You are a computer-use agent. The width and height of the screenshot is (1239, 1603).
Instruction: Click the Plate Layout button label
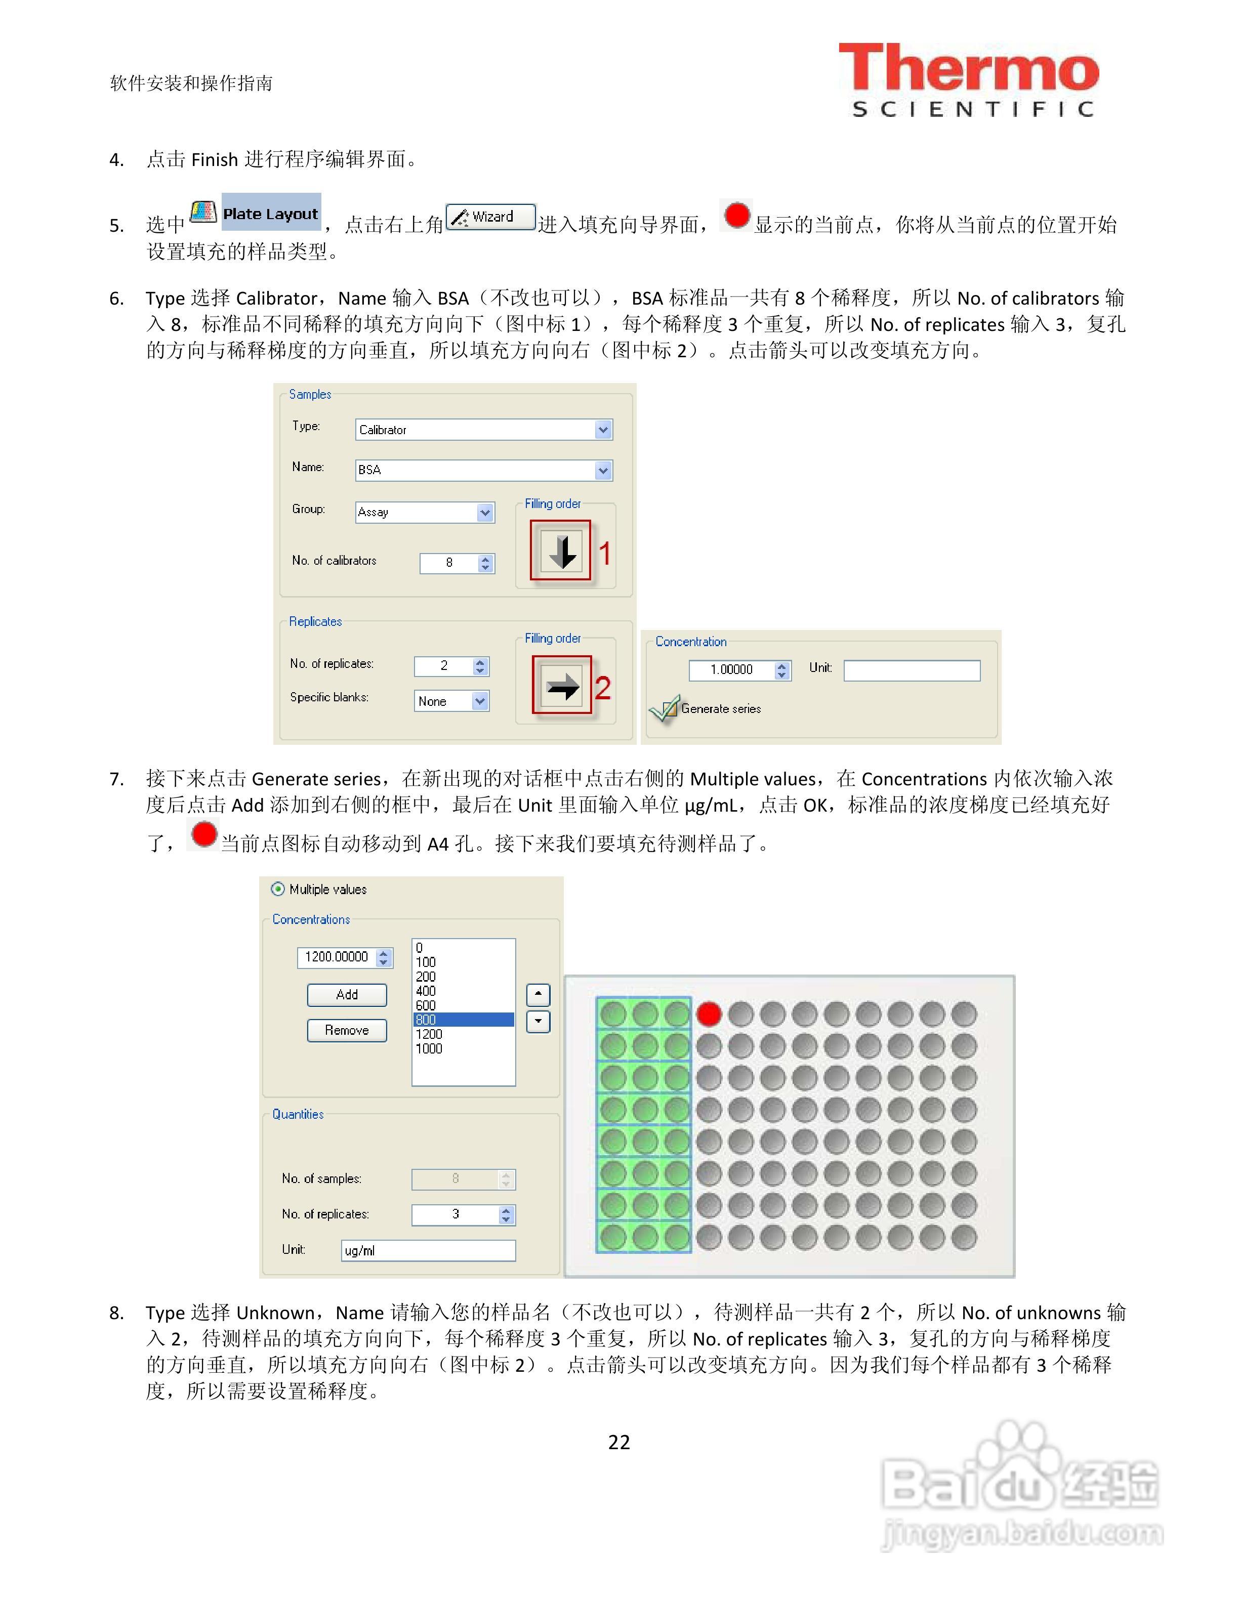tap(270, 214)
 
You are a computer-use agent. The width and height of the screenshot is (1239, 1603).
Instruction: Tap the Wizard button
tap(491, 217)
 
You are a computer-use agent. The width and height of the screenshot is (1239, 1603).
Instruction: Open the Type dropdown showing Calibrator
tap(483, 430)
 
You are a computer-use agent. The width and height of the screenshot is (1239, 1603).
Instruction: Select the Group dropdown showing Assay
tap(424, 512)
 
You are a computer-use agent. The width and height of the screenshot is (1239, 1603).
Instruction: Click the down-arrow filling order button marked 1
tap(561, 551)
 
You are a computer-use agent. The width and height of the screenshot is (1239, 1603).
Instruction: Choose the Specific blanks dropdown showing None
tap(450, 701)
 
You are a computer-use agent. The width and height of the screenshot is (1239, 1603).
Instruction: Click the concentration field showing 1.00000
tap(732, 669)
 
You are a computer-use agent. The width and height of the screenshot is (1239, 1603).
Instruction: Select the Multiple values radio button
tap(277, 889)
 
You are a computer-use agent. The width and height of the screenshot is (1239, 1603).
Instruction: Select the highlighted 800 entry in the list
tap(463, 1020)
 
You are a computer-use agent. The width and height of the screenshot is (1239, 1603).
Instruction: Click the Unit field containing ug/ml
tap(428, 1250)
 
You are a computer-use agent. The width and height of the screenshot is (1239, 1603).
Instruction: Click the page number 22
tap(619, 1442)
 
